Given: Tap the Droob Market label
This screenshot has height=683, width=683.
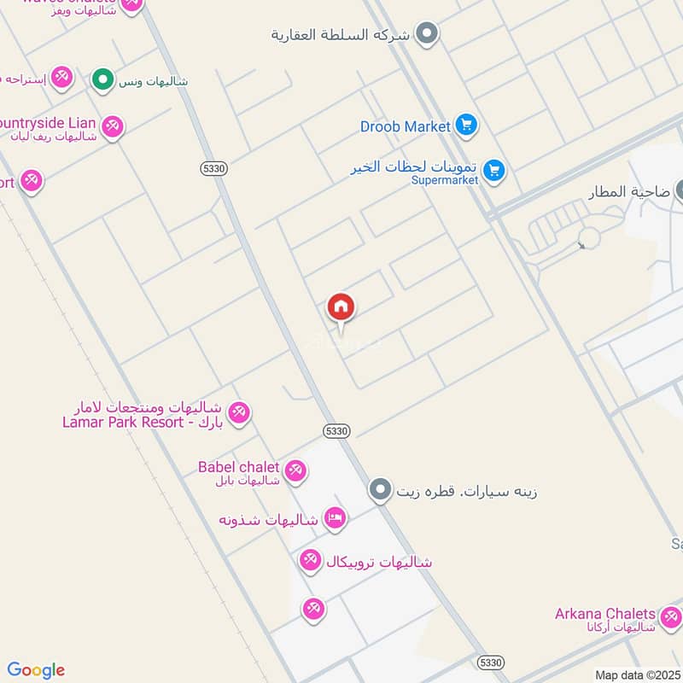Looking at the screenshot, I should pyautogui.click(x=405, y=126).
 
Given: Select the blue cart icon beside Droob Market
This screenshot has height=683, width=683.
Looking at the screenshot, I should pyautogui.click(x=465, y=126).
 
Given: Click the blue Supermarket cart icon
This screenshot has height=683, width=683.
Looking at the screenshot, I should pyautogui.click(x=493, y=171).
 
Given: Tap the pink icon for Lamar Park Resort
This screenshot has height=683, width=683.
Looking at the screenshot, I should pyautogui.click(x=240, y=412).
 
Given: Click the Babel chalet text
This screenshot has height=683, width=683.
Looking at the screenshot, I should pyautogui.click(x=238, y=467).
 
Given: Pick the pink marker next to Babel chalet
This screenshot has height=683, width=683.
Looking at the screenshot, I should pyautogui.click(x=295, y=470).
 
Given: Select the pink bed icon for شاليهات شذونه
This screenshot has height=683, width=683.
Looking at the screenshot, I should pyautogui.click(x=336, y=518).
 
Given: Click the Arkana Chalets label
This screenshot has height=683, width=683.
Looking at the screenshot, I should pyautogui.click(x=605, y=614).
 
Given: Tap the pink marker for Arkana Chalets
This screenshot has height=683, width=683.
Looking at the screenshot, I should pyautogui.click(x=670, y=616).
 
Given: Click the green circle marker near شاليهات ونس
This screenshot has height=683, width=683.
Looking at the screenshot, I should pyautogui.click(x=103, y=81).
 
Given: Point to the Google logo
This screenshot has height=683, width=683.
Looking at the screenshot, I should pyautogui.click(x=36, y=670).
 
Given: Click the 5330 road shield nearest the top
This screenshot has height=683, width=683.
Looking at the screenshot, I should pyautogui.click(x=214, y=169).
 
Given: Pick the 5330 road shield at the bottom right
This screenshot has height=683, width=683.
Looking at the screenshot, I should pyautogui.click(x=491, y=662).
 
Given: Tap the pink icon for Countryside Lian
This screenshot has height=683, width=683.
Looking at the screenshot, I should pyautogui.click(x=112, y=128).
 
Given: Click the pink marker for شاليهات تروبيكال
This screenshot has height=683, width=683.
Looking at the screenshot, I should pyautogui.click(x=311, y=561).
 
